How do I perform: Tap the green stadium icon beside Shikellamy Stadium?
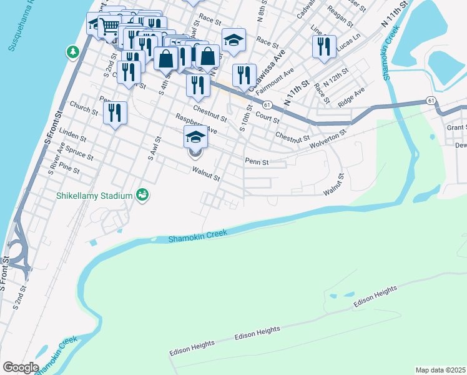point(142,196)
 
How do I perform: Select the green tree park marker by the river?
point(73,51)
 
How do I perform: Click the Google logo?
point(20,367)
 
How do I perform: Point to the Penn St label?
point(256,161)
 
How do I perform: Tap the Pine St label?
point(69,169)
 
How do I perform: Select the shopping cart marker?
point(111,26)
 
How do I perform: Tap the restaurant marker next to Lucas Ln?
point(324,46)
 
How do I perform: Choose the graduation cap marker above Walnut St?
point(195,137)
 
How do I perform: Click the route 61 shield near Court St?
point(267,104)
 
